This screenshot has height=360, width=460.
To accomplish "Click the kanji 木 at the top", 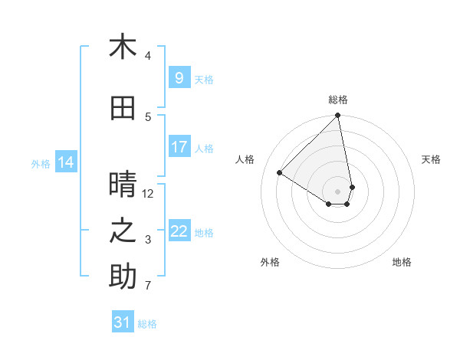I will pos(123,47).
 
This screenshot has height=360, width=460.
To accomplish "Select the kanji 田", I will pos(123,108).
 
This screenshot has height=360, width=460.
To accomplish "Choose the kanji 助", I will pos(123,277).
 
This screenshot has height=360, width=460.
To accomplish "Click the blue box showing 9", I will pos(179,78).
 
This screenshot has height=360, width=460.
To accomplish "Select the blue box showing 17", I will pos(179,147).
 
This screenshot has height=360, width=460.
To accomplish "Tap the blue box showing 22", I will pos(179,231).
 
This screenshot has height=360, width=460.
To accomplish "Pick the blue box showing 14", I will pos(65,162).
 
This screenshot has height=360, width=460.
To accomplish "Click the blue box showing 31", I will pos(122,322).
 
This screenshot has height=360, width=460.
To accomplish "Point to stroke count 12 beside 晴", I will pos(148,194).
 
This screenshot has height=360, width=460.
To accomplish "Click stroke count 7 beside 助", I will pos(148,286).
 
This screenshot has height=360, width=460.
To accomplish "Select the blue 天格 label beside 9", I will pos(204,79).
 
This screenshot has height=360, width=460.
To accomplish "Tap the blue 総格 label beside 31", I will pos(147,324).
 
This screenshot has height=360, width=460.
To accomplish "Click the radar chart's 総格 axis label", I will pos(338,100).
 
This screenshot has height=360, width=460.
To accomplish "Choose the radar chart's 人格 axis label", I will pos(245,159).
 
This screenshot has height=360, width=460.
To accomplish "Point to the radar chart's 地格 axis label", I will pos(402,262).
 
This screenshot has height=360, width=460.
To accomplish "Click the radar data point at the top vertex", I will pos(338,116).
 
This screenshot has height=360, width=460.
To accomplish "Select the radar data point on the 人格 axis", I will pos(280,173).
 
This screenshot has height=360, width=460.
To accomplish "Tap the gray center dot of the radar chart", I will pos(338,191).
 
